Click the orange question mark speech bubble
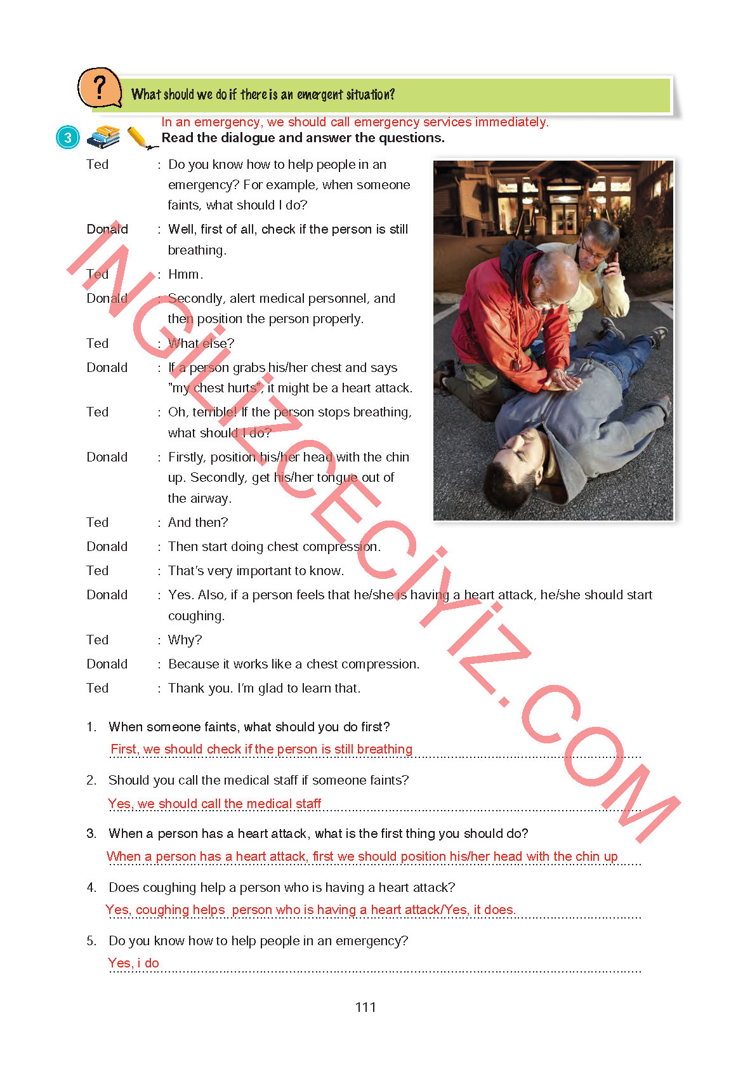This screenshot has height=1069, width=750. [99, 88]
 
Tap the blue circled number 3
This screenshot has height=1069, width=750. [68, 138]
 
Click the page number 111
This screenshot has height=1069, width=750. [365, 1007]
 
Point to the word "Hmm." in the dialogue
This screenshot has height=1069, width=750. [185, 274]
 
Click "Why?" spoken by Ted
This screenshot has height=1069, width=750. [185, 640]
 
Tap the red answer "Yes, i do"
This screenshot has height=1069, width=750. [133, 963]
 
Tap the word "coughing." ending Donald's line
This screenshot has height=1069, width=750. [196, 616]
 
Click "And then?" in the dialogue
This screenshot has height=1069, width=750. [197, 522]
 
